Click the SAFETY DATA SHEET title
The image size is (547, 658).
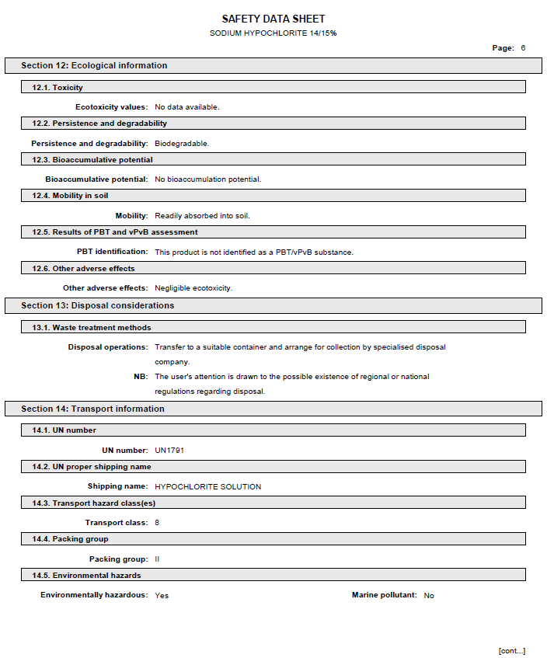[273, 19]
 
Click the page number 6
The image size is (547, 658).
[523, 48]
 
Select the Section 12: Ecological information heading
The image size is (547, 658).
[94, 66]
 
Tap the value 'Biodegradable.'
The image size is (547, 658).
[182, 144]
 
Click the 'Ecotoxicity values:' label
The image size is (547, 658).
[111, 107]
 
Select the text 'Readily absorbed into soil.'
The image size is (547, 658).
[202, 216]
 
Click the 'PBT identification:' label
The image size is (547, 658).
[112, 252]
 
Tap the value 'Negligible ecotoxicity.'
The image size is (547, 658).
[193, 288]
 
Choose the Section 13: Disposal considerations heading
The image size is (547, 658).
[97, 306]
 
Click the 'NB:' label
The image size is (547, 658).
[141, 377]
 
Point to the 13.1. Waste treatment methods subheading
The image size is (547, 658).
[92, 328]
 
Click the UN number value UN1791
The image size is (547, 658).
[169, 451]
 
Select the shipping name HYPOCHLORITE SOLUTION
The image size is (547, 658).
[207, 487]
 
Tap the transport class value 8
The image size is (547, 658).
[157, 523]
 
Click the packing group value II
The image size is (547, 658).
[157, 559]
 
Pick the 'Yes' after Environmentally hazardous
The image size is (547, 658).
[162, 596]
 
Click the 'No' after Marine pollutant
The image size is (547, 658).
[429, 596]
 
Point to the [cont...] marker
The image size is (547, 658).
[511, 651]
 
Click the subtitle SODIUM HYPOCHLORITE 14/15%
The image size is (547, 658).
[273, 33]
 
